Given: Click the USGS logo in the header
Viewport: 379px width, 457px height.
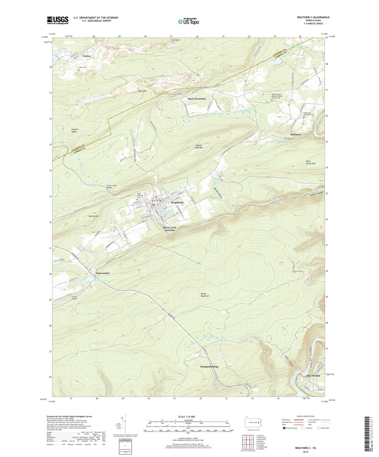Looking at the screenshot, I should (x=57, y=20).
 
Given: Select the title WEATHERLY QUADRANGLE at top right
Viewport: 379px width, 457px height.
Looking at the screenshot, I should (x=313, y=17).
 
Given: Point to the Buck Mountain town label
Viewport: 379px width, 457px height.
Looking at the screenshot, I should (x=197, y=99).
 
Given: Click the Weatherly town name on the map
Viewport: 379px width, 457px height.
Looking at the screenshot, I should (x=177, y=202).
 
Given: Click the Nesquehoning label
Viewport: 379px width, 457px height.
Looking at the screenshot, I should (x=209, y=366).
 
